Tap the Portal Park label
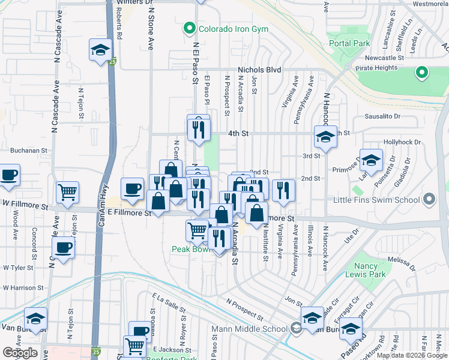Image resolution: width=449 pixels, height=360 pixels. [x=349, y=44]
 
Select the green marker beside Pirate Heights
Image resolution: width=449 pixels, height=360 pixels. [x=422, y=73]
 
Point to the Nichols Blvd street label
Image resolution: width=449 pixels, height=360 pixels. [x=259, y=70]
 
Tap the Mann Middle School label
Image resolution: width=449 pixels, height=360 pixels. [x=250, y=329]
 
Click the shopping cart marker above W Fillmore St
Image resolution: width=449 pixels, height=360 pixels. [x=67, y=193]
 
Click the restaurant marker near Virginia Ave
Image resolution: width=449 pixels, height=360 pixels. [x=283, y=190]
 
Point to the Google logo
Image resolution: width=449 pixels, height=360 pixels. [x=20, y=353]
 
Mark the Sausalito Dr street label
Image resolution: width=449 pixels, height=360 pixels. [x=382, y=116]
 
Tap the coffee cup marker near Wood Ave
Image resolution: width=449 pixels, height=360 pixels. [x=8, y=175]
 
